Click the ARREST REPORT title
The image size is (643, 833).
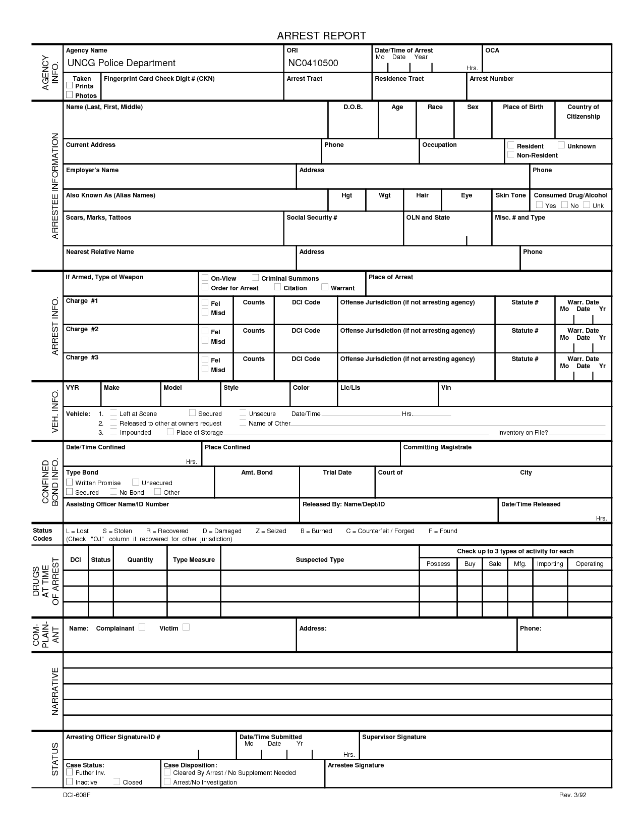[321, 35]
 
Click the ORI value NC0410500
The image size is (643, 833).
[313, 63]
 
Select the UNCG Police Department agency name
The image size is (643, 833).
[121, 63]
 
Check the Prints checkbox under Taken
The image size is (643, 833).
[70, 85]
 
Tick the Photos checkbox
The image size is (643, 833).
[70, 95]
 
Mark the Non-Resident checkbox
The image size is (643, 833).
[511, 155]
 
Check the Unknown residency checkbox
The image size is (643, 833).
[561, 145]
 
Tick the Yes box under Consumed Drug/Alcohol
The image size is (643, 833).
[539, 205]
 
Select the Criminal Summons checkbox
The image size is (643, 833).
[256, 278]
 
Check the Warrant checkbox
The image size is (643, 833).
[325, 287]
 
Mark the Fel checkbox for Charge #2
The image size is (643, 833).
[205, 331]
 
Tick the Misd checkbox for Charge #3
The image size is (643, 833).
[205, 369]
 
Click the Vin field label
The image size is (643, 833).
[446, 388]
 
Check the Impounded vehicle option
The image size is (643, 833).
[114, 432]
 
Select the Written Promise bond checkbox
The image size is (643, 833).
[70, 482]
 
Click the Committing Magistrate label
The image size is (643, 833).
[437, 447]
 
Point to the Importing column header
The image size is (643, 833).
[550, 564]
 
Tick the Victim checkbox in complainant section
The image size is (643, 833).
[186, 627]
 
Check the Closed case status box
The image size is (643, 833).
[116, 782]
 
